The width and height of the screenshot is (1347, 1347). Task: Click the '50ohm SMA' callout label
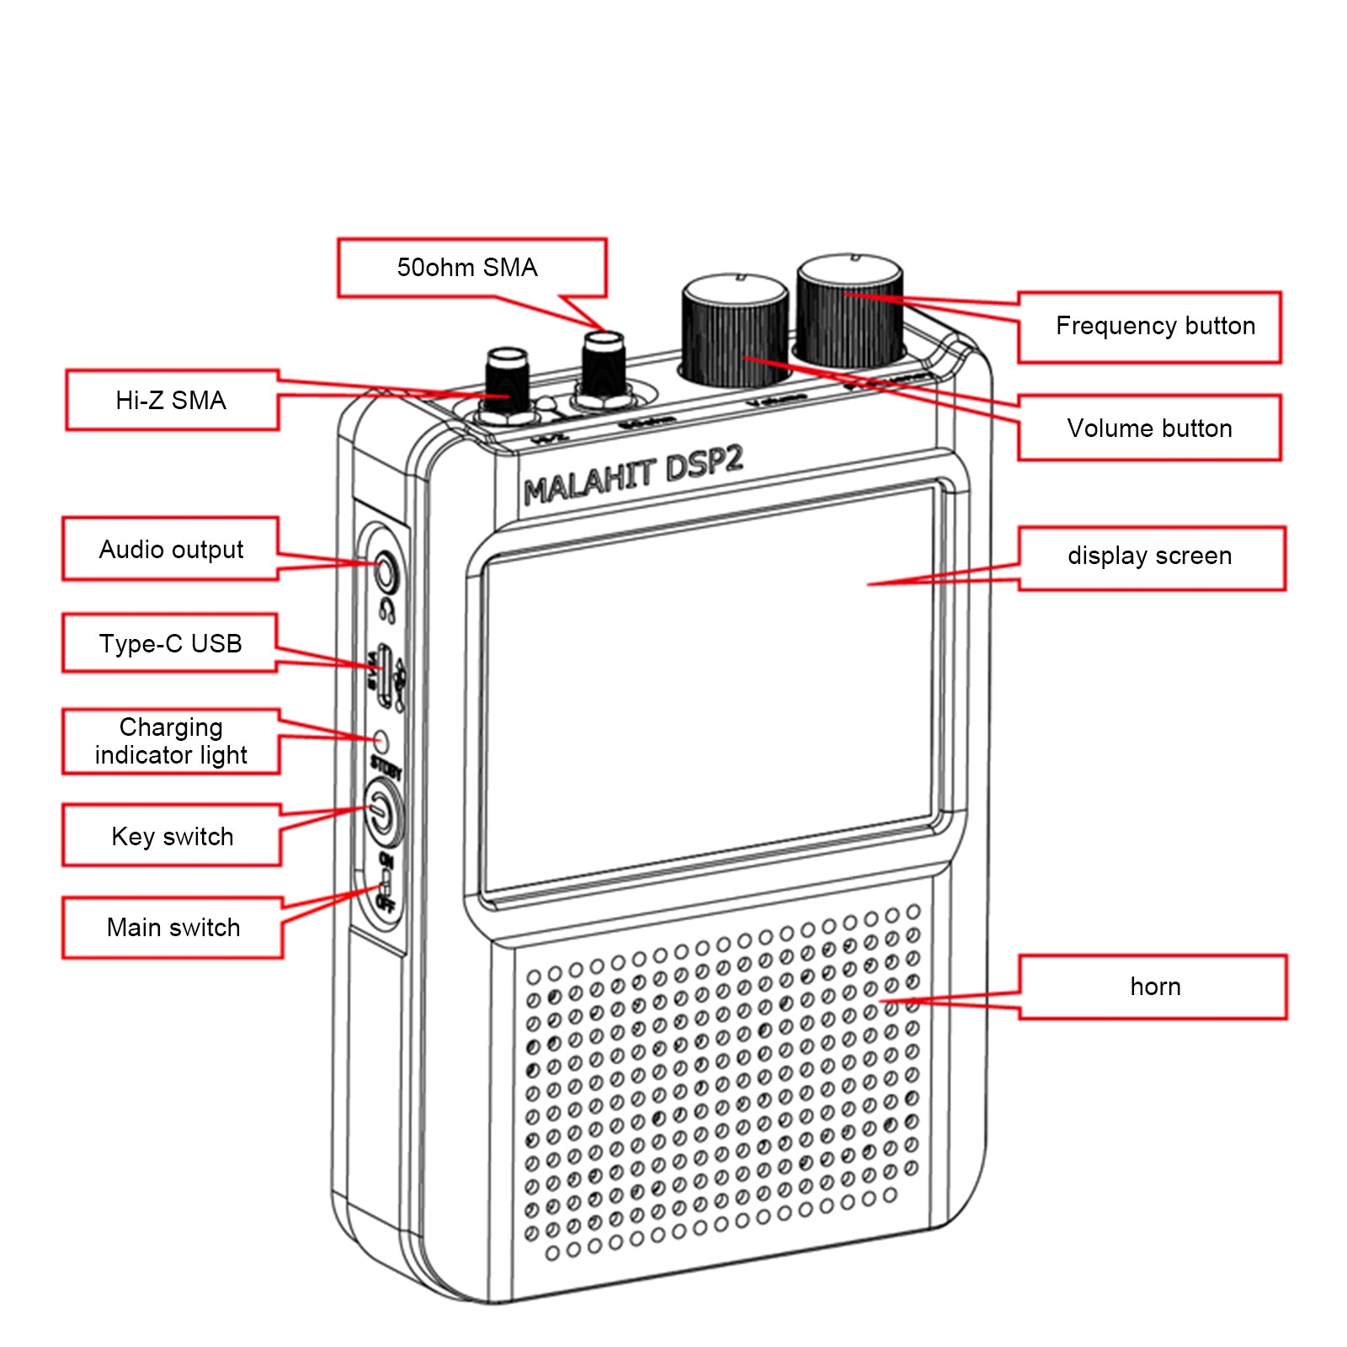[x=467, y=268]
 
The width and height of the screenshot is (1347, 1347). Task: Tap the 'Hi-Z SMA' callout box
[x=171, y=400]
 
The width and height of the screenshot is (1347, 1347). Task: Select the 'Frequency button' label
[x=1154, y=327]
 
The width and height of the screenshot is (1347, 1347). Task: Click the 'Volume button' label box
[x=1149, y=429]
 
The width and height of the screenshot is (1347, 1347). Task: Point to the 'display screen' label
[x=1149, y=556]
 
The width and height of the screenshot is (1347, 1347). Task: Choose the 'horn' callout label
[x=1154, y=987]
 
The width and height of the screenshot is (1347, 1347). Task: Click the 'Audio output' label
[x=171, y=550]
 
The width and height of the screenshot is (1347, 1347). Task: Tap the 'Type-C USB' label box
[x=171, y=644]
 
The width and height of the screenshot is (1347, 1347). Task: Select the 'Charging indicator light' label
[x=171, y=741]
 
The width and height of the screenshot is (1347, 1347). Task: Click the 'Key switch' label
[x=172, y=836]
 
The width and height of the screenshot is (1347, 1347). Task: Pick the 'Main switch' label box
[x=173, y=928]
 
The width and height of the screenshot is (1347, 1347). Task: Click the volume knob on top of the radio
[x=734, y=330]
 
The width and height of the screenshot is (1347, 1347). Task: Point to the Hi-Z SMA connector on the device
[x=507, y=384]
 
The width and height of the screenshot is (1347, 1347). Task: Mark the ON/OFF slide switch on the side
[x=386, y=883]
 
